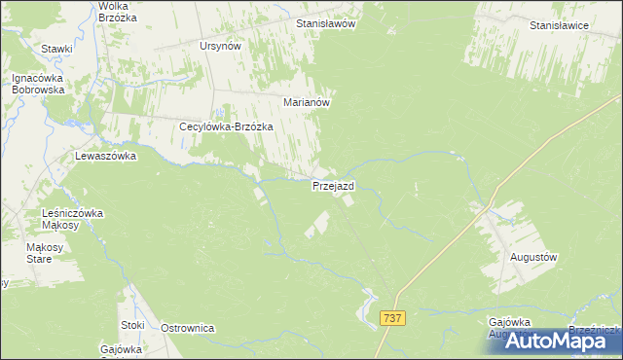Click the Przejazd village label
(333, 185)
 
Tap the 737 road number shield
(393, 318)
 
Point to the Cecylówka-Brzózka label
(226, 126)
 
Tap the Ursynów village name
(219, 46)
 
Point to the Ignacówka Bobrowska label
(38, 84)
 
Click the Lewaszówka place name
(105, 156)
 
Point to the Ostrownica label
(187, 328)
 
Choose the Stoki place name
(132, 325)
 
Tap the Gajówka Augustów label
(511, 327)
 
